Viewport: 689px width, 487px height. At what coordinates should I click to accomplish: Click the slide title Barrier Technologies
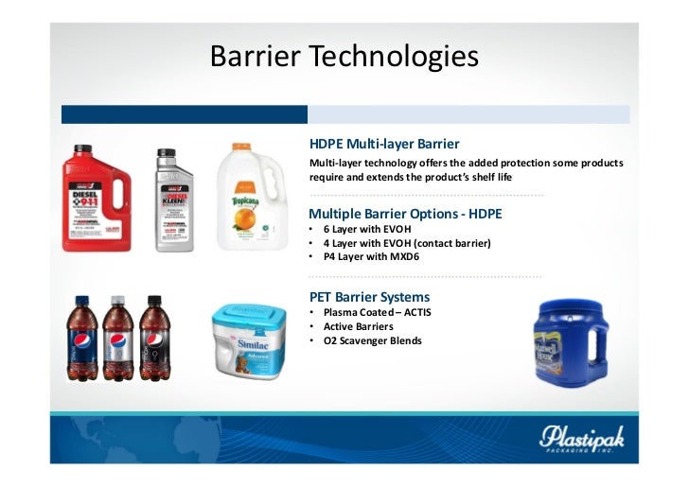tap(344, 57)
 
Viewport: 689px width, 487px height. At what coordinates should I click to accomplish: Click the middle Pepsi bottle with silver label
tap(117, 339)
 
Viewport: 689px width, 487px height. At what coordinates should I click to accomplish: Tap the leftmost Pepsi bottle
tap(81, 339)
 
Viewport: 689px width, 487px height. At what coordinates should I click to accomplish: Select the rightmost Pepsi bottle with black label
tap(154, 339)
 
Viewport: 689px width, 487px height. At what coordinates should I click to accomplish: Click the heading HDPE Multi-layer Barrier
tap(383, 145)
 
